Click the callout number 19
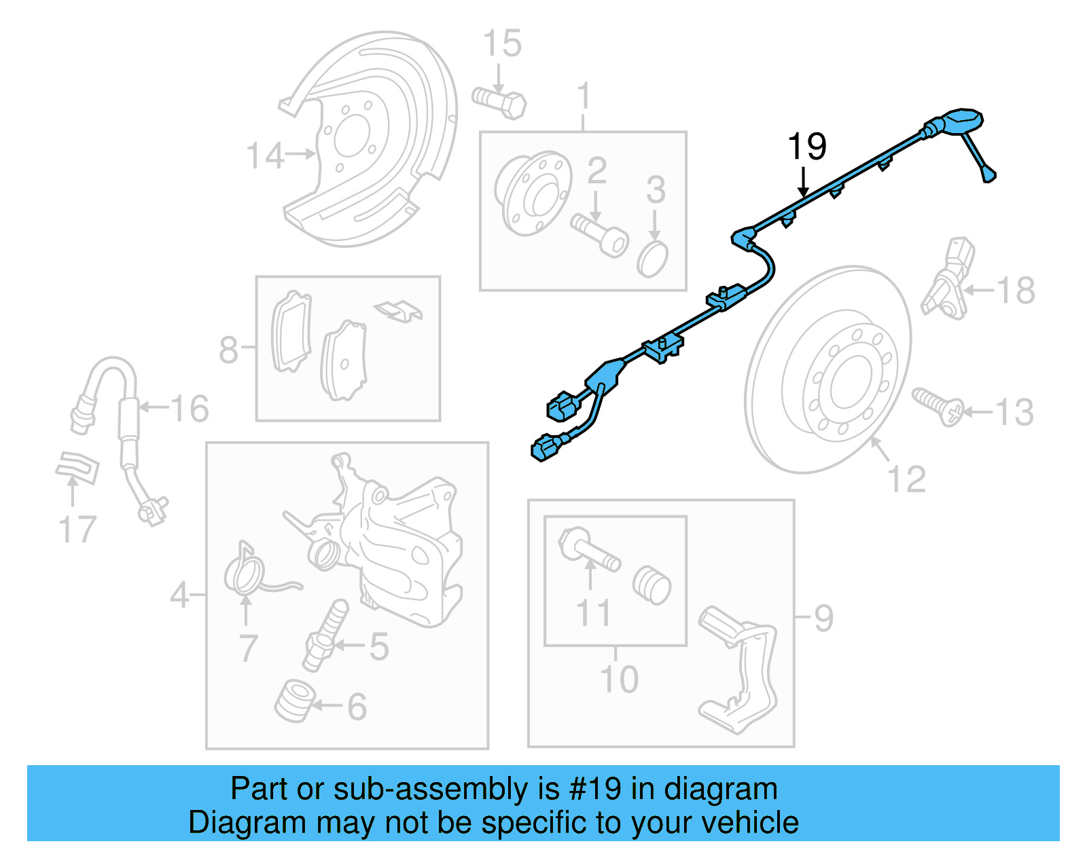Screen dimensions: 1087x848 pos(806,147)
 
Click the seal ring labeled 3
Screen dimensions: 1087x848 pos(653,258)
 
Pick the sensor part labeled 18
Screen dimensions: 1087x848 pos(948,278)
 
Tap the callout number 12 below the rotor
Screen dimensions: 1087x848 pos(907,479)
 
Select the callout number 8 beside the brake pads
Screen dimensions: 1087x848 pos(229,350)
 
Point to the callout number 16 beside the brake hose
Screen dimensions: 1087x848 pos(190,409)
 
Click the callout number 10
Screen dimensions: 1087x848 pos(619,678)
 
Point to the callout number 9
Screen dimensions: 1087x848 pos(823,618)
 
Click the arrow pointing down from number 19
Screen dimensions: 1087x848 pos(804,183)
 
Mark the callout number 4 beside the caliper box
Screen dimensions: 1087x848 pos(179,595)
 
